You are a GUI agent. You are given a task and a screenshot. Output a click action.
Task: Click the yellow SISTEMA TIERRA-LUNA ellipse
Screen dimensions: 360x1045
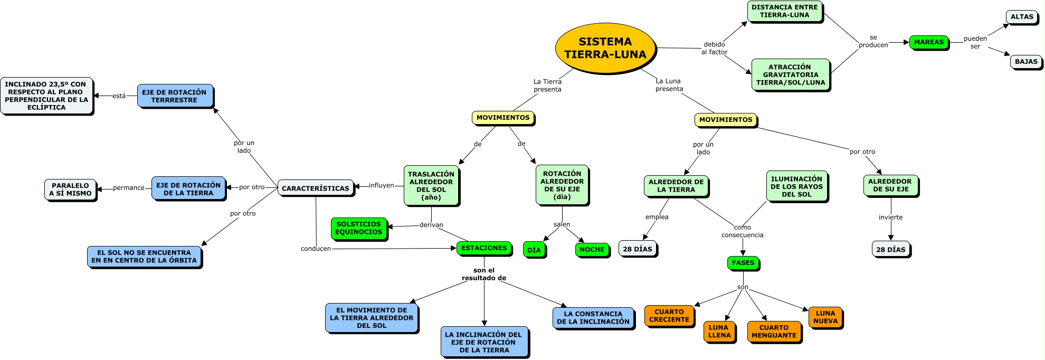click(605, 48)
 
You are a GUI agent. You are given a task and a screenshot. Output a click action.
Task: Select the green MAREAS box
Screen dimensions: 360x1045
click(928, 42)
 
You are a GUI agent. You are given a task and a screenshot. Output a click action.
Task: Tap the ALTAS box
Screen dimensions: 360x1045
click(1021, 17)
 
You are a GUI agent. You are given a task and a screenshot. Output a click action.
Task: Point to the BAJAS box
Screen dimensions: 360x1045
click(1025, 62)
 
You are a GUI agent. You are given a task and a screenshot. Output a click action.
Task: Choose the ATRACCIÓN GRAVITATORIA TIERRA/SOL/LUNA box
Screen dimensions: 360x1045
click(790, 74)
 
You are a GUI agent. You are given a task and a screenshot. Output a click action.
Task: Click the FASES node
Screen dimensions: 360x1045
click(743, 263)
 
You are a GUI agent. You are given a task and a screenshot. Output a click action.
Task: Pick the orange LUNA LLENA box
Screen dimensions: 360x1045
click(719, 331)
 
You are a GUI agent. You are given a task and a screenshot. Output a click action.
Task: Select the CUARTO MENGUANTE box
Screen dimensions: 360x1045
click(773, 331)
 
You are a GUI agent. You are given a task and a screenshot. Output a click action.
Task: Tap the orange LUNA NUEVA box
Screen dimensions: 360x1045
click(825, 317)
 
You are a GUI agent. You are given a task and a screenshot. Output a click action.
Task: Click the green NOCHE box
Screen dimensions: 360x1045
click(592, 250)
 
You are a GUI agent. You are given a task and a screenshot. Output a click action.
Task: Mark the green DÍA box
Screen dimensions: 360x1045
click(534, 250)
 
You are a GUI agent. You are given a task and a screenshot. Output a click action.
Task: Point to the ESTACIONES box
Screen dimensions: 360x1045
click(483, 248)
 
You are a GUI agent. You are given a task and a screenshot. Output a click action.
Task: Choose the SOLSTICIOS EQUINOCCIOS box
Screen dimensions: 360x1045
click(358, 228)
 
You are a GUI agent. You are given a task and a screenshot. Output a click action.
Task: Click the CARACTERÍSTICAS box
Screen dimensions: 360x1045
click(315, 188)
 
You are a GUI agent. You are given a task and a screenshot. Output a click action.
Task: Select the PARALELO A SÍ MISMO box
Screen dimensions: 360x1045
click(70, 190)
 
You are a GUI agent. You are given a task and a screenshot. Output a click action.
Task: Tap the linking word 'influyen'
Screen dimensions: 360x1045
click(381, 185)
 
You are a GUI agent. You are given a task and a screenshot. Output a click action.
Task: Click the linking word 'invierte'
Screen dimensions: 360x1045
click(890, 217)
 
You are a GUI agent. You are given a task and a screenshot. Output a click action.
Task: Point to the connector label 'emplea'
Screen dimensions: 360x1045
click(657, 217)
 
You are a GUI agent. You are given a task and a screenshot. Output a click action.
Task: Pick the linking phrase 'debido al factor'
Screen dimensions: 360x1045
click(714, 48)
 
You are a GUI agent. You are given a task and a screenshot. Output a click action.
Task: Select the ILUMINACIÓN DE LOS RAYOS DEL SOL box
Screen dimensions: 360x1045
click(796, 186)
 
